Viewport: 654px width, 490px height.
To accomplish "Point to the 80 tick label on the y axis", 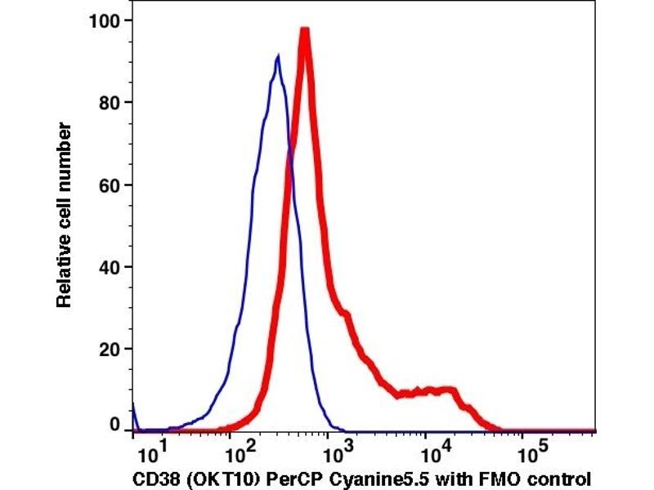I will (111, 102).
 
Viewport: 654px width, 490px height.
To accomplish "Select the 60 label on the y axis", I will (111, 185).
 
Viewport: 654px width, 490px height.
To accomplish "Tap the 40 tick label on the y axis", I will (111, 267).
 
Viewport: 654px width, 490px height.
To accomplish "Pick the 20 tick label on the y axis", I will (111, 350).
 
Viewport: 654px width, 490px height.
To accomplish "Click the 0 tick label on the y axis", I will (115, 425).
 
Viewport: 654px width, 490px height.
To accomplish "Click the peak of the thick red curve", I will (304, 31).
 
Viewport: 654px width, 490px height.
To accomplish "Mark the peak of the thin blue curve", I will (278, 56).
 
